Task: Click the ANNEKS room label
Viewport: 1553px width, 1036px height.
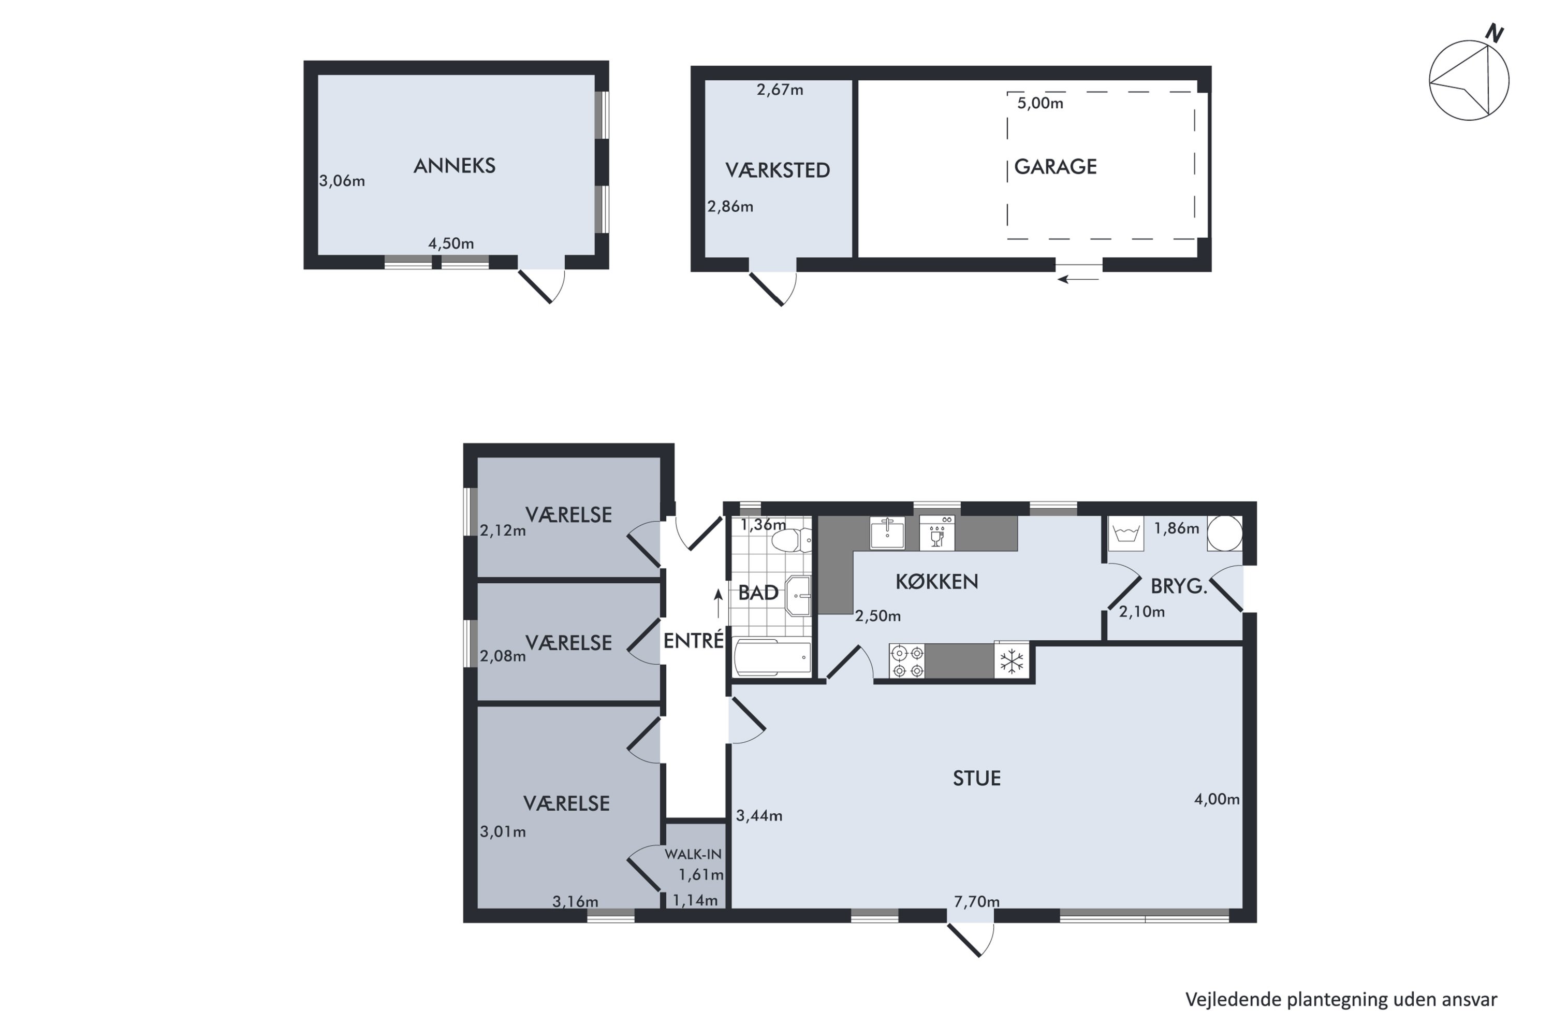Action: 455,166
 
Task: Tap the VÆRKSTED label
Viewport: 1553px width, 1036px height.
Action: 777,170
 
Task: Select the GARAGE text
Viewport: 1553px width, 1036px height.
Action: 1055,166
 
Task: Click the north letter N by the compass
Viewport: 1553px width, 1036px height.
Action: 1494,33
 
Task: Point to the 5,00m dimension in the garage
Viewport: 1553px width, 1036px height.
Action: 1040,103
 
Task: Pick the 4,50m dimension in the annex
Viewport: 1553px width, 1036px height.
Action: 451,243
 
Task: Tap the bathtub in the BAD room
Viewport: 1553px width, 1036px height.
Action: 772,657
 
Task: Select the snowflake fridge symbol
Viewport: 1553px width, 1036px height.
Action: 1012,661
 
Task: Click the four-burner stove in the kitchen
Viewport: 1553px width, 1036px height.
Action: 907,661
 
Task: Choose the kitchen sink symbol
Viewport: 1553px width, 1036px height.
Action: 887,533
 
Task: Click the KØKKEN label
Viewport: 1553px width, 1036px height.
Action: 936,581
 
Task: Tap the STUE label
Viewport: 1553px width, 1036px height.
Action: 976,779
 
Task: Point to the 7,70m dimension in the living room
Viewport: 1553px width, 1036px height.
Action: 976,901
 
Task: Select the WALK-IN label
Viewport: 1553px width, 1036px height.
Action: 693,854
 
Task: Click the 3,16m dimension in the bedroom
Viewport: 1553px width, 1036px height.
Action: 575,901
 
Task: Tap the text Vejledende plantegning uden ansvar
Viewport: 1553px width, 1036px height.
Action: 1341,1000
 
